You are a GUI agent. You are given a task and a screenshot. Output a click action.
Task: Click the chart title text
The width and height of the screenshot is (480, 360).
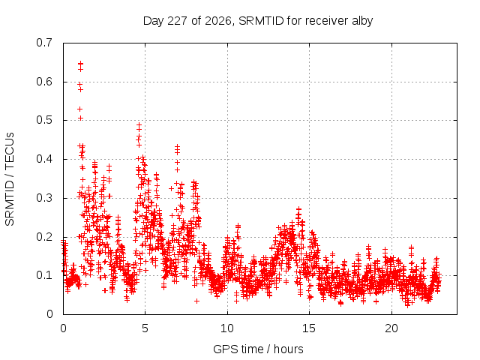pyautogui.click(x=258, y=21)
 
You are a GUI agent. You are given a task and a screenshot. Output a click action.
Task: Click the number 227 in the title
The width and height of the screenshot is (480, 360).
pyautogui.click(x=177, y=21)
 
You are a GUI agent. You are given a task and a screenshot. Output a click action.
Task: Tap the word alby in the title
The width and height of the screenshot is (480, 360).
pyautogui.click(x=362, y=21)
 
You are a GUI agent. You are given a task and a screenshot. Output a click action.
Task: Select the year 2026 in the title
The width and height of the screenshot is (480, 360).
pyautogui.click(x=218, y=21)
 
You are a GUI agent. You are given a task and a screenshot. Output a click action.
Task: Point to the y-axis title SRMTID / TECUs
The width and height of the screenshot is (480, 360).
pyautogui.click(x=10, y=179)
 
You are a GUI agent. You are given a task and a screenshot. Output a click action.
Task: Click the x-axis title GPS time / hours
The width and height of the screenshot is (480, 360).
pyautogui.click(x=258, y=349)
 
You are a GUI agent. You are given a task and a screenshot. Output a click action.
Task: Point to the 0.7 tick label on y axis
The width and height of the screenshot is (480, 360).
pyautogui.click(x=44, y=43)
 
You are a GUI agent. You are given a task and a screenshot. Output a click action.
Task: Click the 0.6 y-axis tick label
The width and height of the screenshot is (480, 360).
pyautogui.click(x=44, y=82)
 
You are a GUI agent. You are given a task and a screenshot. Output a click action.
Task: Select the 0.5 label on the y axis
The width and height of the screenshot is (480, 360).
pyautogui.click(x=44, y=120)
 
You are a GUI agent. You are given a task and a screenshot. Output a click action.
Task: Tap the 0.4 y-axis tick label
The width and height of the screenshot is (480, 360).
pyautogui.click(x=44, y=159)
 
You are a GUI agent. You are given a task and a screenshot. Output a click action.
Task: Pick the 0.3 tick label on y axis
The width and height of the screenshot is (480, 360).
pyautogui.click(x=44, y=198)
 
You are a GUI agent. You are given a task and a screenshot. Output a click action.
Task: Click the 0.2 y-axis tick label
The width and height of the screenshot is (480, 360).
pyautogui.click(x=44, y=237)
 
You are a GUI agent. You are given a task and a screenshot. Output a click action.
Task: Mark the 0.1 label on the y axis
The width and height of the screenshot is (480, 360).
pyautogui.click(x=44, y=275)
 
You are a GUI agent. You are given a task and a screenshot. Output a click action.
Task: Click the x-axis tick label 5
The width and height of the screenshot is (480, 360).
pyautogui.click(x=145, y=328)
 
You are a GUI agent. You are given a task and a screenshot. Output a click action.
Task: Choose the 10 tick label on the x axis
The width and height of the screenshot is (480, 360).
pyautogui.click(x=227, y=328)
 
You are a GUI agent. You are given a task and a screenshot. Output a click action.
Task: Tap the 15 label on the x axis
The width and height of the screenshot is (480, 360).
pyautogui.click(x=309, y=328)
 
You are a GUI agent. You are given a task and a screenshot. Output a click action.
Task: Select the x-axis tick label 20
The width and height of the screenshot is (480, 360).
pyautogui.click(x=391, y=328)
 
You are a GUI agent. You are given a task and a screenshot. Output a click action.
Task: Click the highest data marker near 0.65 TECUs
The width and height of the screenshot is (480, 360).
pyautogui.click(x=80, y=63)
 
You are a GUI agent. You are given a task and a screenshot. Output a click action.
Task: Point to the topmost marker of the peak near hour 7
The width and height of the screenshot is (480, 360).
pyautogui.click(x=177, y=147)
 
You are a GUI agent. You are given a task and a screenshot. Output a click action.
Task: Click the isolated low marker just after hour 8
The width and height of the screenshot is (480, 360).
pyautogui.click(x=196, y=301)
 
